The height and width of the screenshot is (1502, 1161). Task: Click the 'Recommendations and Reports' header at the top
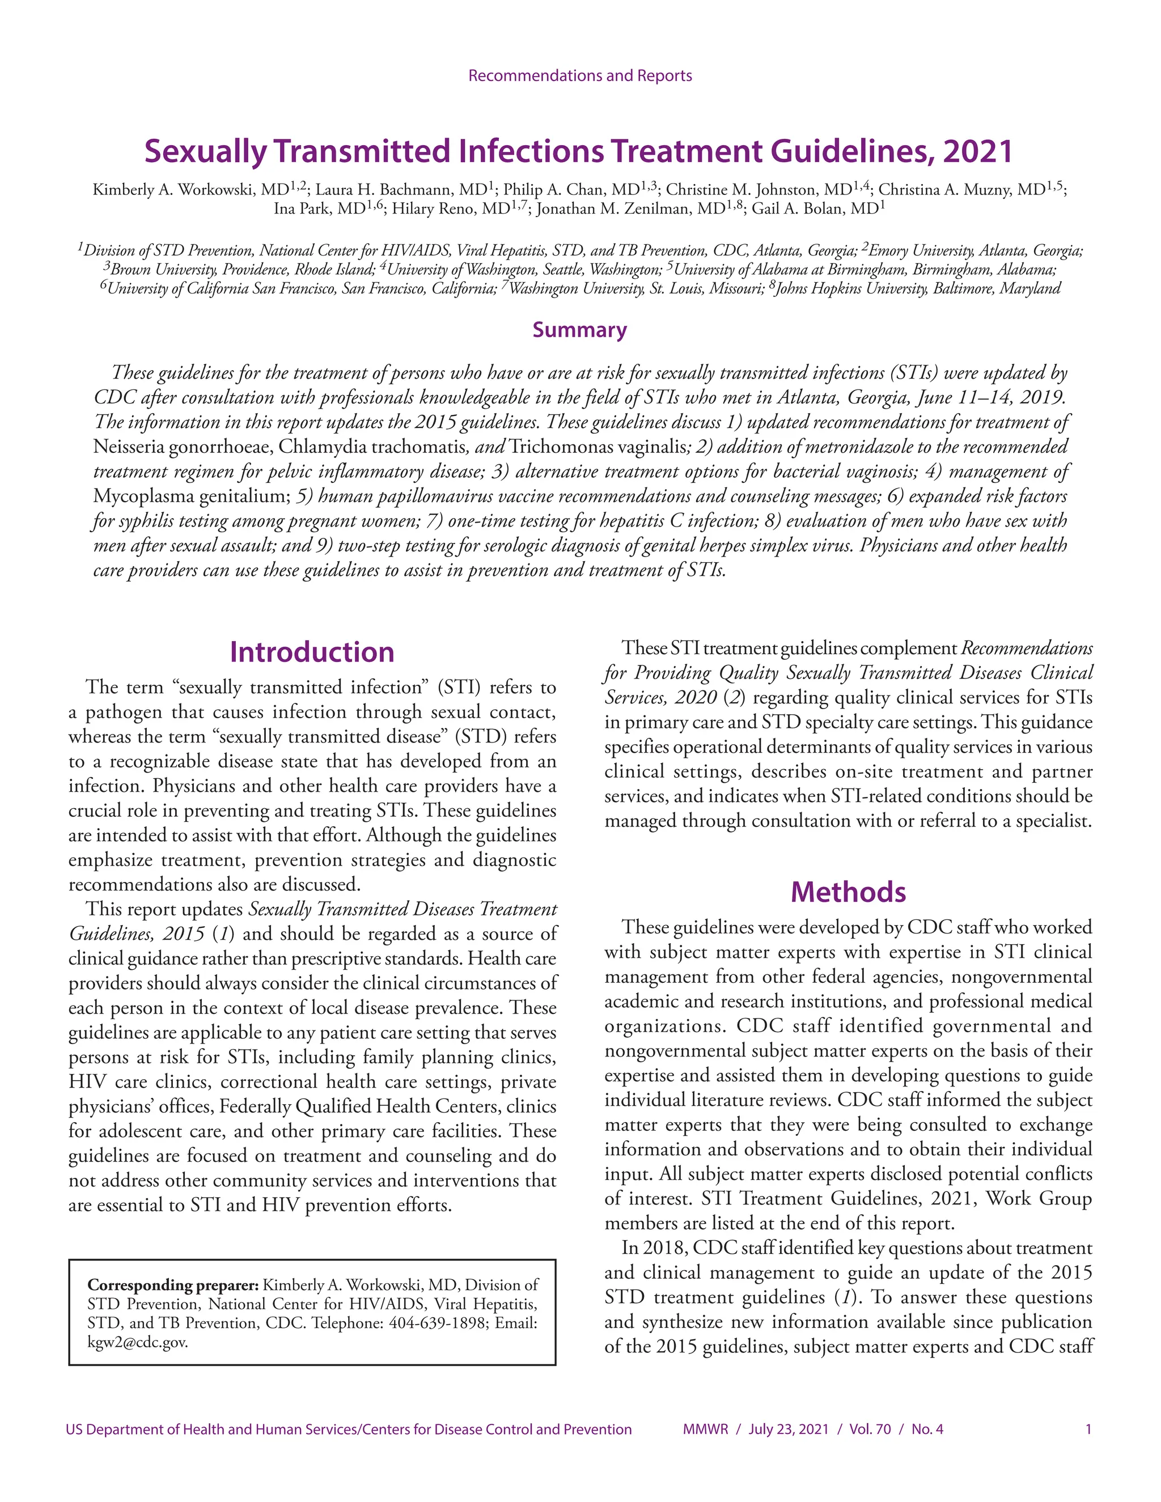point(580,75)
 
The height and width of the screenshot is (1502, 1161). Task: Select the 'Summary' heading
point(579,330)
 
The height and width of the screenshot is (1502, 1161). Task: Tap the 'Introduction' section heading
point(312,652)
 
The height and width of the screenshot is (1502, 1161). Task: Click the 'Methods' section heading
point(848,892)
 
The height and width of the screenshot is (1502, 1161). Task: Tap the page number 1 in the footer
point(1088,1429)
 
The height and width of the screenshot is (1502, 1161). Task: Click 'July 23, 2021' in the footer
point(788,1429)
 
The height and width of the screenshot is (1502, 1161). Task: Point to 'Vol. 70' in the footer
point(870,1429)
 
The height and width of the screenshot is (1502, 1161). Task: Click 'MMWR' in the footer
point(705,1429)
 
